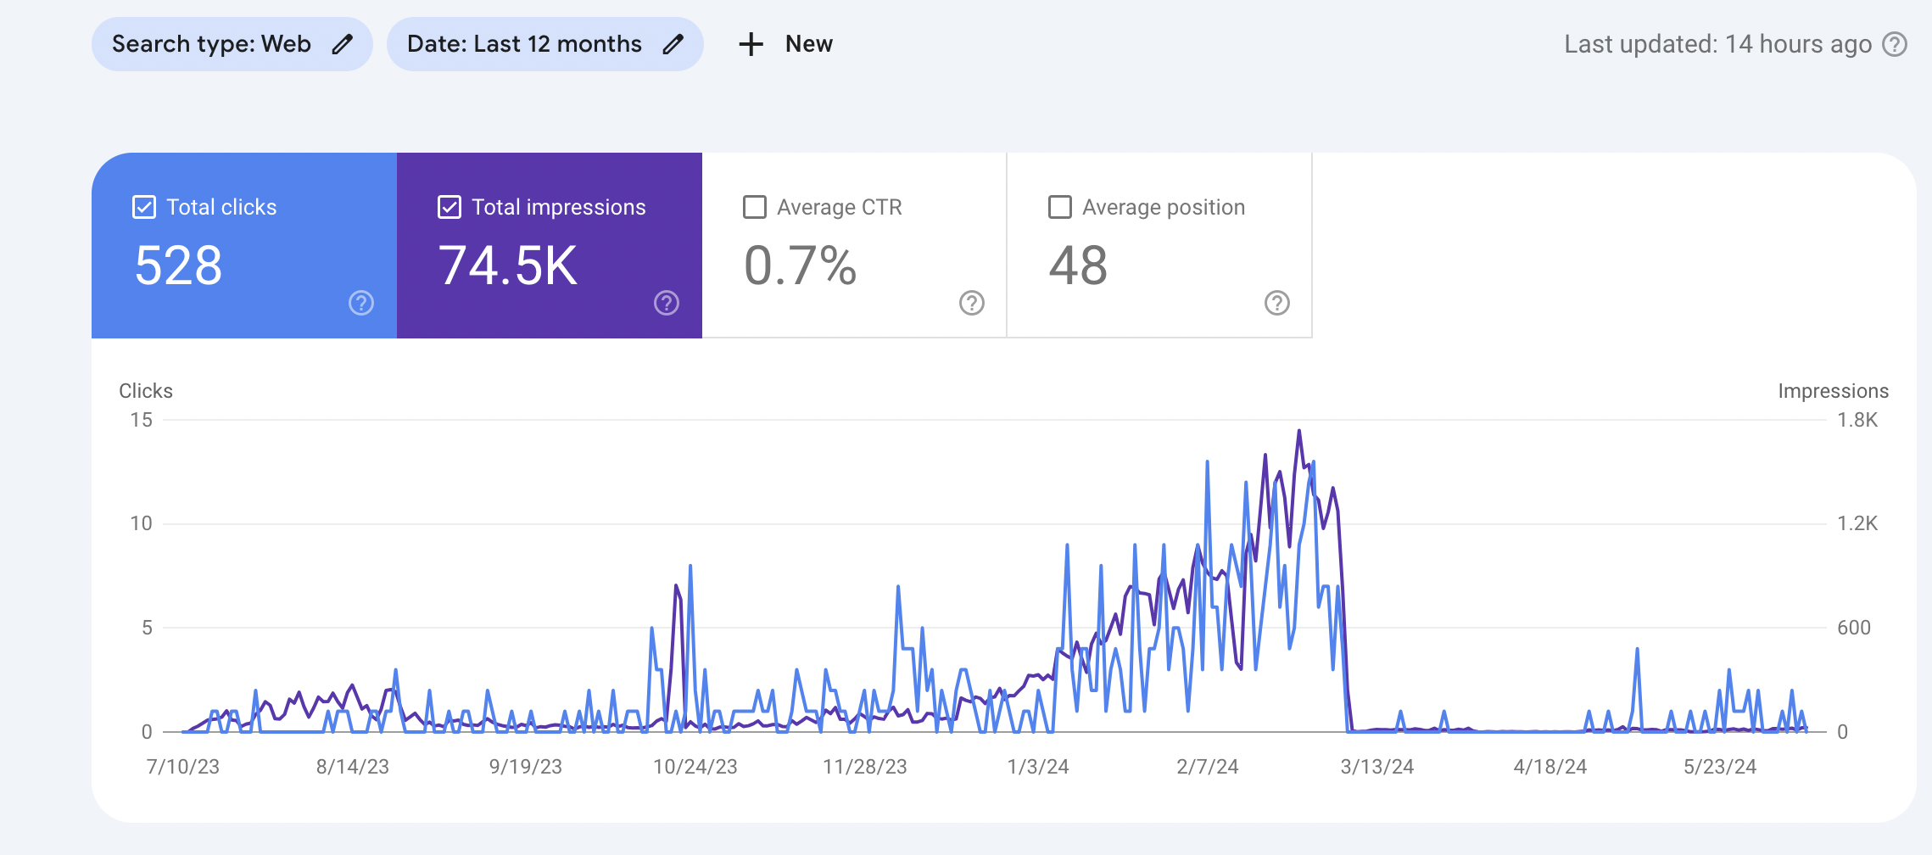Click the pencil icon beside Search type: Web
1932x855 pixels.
[342, 44]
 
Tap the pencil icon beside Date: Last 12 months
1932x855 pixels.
[673, 44]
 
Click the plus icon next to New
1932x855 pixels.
[751, 44]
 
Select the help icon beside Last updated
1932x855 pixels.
[1895, 44]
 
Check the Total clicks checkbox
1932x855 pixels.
[144, 207]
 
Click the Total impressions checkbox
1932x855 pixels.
[449, 207]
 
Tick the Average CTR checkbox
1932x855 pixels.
[755, 207]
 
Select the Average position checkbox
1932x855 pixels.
[1060, 207]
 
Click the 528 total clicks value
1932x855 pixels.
[179, 265]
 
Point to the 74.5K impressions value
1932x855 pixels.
[508, 265]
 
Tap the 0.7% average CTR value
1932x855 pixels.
[801, 265]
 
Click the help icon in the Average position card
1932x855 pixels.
[1277, 303]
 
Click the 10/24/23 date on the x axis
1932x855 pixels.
[695, 767]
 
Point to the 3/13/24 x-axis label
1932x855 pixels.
[1377, 767]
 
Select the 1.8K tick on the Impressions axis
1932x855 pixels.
[1857, 420]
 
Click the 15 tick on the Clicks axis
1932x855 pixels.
[142, 420]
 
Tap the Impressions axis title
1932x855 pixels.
[1834, 391]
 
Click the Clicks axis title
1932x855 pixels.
[146, 391]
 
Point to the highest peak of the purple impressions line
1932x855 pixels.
[1298, 431]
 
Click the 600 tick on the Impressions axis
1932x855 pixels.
[1854, 628]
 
